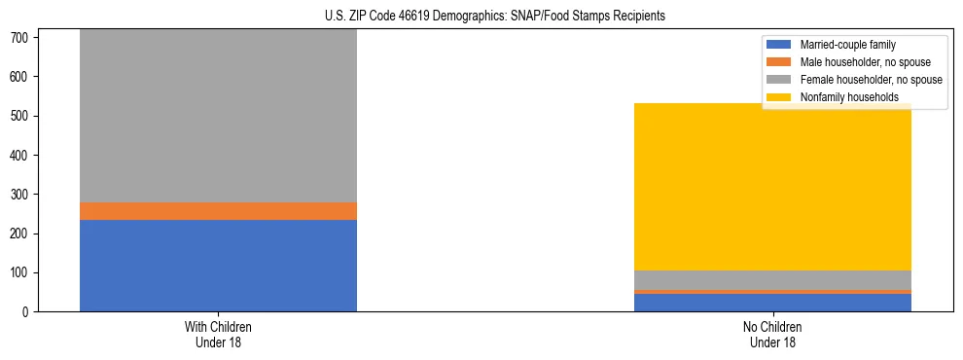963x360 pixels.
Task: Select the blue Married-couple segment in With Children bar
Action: pyautogui.click(x=218, y=266)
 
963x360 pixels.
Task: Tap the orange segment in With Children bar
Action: pyautogui.click(x=218, y=211)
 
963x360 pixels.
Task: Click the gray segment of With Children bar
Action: pyautogui.click(x=218, y=116)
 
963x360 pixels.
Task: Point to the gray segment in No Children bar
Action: pyautogui.click(x=772, y=280)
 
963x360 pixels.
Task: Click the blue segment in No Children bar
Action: pyautogui.click(x=772, y=303)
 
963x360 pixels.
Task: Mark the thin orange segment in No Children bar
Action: pyautogui.click(x=772, y=291)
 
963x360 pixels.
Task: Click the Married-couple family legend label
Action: pyautogui.click(x=847, y=45)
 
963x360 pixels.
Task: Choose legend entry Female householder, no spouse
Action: pyautogui.click(x=871, y=80)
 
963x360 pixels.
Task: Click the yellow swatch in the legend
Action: pyautogui.click(x=780, y=97)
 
